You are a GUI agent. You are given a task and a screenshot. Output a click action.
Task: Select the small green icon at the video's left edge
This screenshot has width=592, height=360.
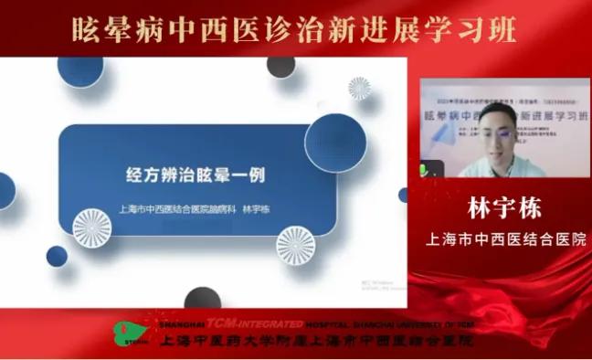pyautogui.click(x=425, y=168)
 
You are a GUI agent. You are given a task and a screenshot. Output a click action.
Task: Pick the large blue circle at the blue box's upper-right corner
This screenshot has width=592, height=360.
pyautogui.click(x=335, y=142)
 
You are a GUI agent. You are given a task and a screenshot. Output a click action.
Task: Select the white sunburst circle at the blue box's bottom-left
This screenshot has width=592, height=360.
pyautogui.click(x=91, y=227)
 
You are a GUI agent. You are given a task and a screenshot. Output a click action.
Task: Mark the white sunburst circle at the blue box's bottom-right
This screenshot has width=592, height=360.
pyautogui.click(x=295, y=244)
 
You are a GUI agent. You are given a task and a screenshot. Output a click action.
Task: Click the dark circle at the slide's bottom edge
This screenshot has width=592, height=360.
pyautogui.click(x=202, y=297)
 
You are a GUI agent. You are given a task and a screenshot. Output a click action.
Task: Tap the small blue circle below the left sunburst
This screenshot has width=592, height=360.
pyautogui.click(x=57, y=255)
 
